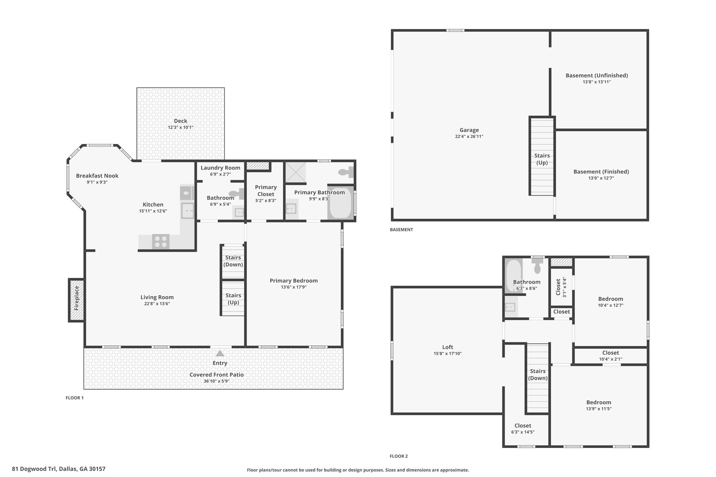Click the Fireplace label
tap(77, 298)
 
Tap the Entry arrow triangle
tap(220, 353)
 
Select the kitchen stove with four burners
tap(161, 241)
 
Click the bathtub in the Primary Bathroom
tap(341, 203)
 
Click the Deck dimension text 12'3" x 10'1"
tap(180, 128)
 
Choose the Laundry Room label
tap(220, 168)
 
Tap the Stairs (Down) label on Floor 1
tap(233, 261)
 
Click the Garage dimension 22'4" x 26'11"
tap(469, 137)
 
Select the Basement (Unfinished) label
tap(597, 75)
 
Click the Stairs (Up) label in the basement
tap(542, 159)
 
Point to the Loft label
tap(447, 347)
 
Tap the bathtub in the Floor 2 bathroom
tap(513, 276)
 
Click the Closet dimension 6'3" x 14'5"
tap(523, 432)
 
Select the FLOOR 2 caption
tap(399, 456)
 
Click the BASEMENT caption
tap(401, 230)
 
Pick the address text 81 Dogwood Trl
tap(34, 469)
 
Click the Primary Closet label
tap(266, 191)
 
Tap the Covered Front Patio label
tap(217, 375)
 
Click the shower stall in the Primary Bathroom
tap(296, 172)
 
